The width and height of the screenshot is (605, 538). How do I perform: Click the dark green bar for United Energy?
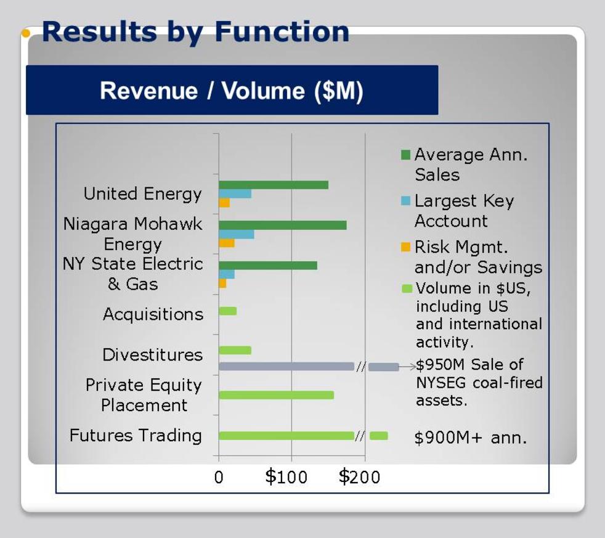(274, 185)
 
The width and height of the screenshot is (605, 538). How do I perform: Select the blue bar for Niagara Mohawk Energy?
(237, 234)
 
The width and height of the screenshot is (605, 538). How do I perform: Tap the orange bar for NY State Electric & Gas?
(222, 283)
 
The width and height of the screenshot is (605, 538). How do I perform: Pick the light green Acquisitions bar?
(228, 311)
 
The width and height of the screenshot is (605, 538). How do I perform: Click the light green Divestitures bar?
(235, 351)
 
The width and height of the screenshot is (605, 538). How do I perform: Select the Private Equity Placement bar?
(276, 395)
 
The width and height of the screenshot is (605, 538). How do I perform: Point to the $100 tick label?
(286, 477)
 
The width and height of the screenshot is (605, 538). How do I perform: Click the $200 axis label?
(359, 477)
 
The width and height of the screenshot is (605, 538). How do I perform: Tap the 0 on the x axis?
(219, 478)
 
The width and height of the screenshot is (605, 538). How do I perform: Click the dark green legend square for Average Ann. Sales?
(405, 155)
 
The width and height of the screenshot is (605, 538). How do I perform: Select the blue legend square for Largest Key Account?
(405, 201)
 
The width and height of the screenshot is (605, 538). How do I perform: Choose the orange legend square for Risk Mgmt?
(405, 247)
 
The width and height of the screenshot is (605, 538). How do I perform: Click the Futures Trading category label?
(136, 436)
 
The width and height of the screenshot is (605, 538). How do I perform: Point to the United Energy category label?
(143, 194)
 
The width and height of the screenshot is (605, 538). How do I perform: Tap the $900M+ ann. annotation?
(471, 438)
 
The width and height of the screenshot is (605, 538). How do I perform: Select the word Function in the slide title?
(282, 31)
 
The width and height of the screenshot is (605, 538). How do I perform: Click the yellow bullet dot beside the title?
(26, 33)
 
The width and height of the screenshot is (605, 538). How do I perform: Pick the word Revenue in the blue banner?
(149, 91)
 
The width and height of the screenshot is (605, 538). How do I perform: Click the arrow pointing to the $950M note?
(407, 367)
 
